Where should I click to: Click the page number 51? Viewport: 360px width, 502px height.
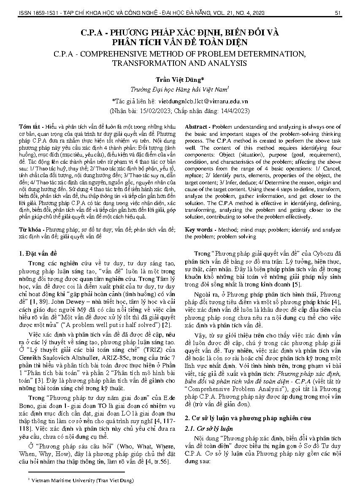[338, 13]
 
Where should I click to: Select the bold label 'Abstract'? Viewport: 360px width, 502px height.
[196, 127]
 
